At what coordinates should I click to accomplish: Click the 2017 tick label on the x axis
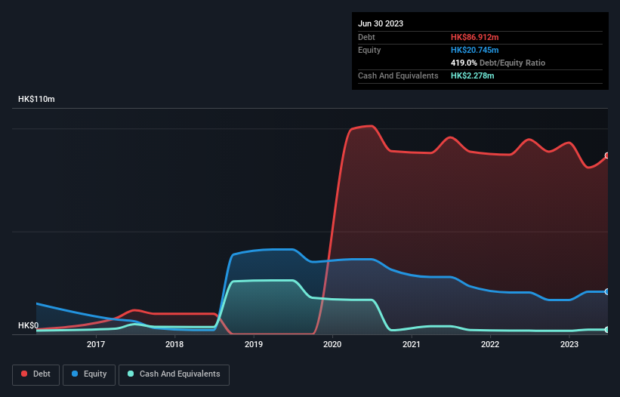[x=96, y=345]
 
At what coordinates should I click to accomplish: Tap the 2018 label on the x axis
[x=174, y=345]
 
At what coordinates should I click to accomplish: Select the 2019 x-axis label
[x=254, y=345]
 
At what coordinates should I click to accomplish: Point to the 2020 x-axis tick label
[x=332, y=345]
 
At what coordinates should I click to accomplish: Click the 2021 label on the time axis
[x=412, y=345]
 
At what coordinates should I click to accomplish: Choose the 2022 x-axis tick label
[x=490, y=345]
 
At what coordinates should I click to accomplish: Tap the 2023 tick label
[x=569, y=345]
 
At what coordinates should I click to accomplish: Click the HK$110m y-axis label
[x=36, y=100]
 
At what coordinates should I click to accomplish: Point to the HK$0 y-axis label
[x=29, y=325]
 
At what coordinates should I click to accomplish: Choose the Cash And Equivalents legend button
[x=174, y=374]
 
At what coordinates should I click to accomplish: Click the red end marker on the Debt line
[x=607, y=155]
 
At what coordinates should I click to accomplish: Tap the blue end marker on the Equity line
[x=607, y=291]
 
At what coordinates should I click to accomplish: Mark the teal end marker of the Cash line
[x=607, y=330]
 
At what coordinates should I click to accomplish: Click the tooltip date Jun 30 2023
[x=381, y=23]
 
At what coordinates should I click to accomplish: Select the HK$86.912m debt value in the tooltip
[x=475, y=37]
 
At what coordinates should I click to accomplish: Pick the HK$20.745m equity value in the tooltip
[x=475, y=50]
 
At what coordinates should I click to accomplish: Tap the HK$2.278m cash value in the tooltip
[x=473, y=75]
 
